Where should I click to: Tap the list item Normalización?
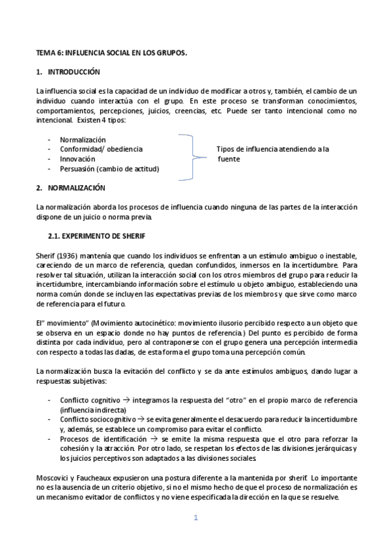pos(82,139)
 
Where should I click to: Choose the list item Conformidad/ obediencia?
pos(101,149)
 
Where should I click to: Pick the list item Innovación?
pos(77,159)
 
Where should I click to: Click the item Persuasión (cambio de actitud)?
pos(109,169)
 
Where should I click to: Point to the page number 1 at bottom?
pos(195,518)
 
